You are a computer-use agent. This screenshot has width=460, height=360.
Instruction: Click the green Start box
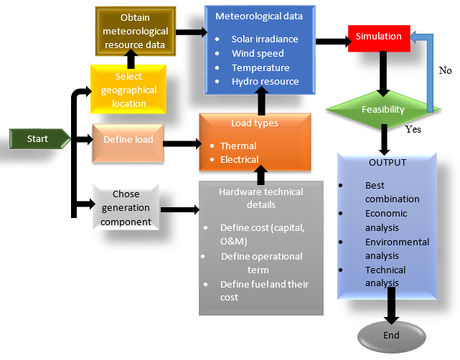pos(37,138)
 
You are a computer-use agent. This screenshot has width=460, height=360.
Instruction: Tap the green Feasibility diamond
pos(382,110)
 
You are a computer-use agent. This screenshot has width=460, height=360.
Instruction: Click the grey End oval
pos(390,335)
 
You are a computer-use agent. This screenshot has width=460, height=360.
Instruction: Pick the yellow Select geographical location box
pos(128,90)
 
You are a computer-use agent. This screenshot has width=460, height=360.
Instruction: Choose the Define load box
pos(128,139)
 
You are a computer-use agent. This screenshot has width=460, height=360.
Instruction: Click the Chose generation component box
pos(126,208)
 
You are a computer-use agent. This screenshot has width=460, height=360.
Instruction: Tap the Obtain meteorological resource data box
pos(135,31)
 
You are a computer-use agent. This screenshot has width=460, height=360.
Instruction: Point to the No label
pos(445,72)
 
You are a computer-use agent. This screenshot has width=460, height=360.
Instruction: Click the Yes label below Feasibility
pos(413,131)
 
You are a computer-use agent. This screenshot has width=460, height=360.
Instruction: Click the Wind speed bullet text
pos(258,53)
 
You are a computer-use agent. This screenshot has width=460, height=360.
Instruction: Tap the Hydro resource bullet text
pos(265,82)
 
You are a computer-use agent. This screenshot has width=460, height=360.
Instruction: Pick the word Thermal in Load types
pos(238,146)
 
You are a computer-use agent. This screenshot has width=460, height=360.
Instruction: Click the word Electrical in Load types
pos(240,159)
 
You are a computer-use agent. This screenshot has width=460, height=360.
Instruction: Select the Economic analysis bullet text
pos(386,220)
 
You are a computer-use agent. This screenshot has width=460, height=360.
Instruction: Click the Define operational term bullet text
pos(262,263)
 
